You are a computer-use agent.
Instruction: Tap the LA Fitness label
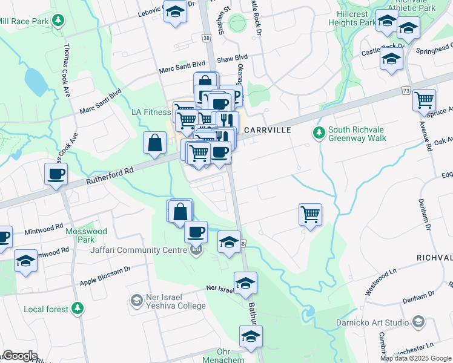tap(151, 112)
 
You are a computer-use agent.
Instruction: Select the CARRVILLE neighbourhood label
tap(267, 130)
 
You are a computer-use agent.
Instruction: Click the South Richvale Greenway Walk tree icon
tap(318, 131)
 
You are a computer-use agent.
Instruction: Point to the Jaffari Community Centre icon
tap(196, 250)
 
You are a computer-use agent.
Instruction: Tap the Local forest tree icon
tap(77, 309)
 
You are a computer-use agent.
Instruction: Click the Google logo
tap(19, 356)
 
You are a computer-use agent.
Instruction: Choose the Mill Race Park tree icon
tap(58, 21)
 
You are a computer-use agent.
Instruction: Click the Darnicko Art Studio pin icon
tap(418, 321)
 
